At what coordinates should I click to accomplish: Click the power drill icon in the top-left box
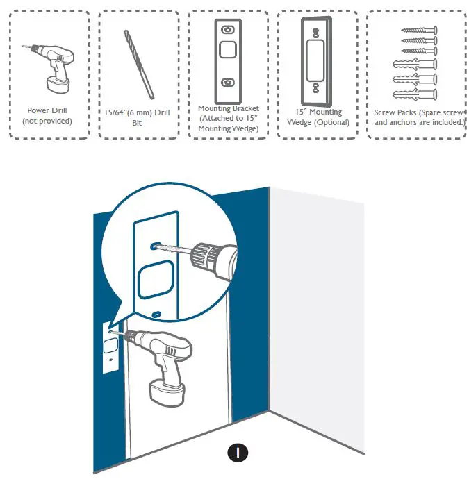tap(51, 67)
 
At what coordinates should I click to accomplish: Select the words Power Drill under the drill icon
tap(47, 110)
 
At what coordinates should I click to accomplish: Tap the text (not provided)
tap(47, 121)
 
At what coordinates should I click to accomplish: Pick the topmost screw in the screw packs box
tap(417, 31)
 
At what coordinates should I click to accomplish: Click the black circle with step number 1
tap(238, 452)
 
